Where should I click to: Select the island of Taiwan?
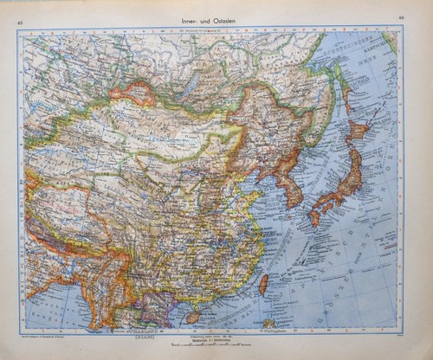pyautogui.click(x=264, y=284)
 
